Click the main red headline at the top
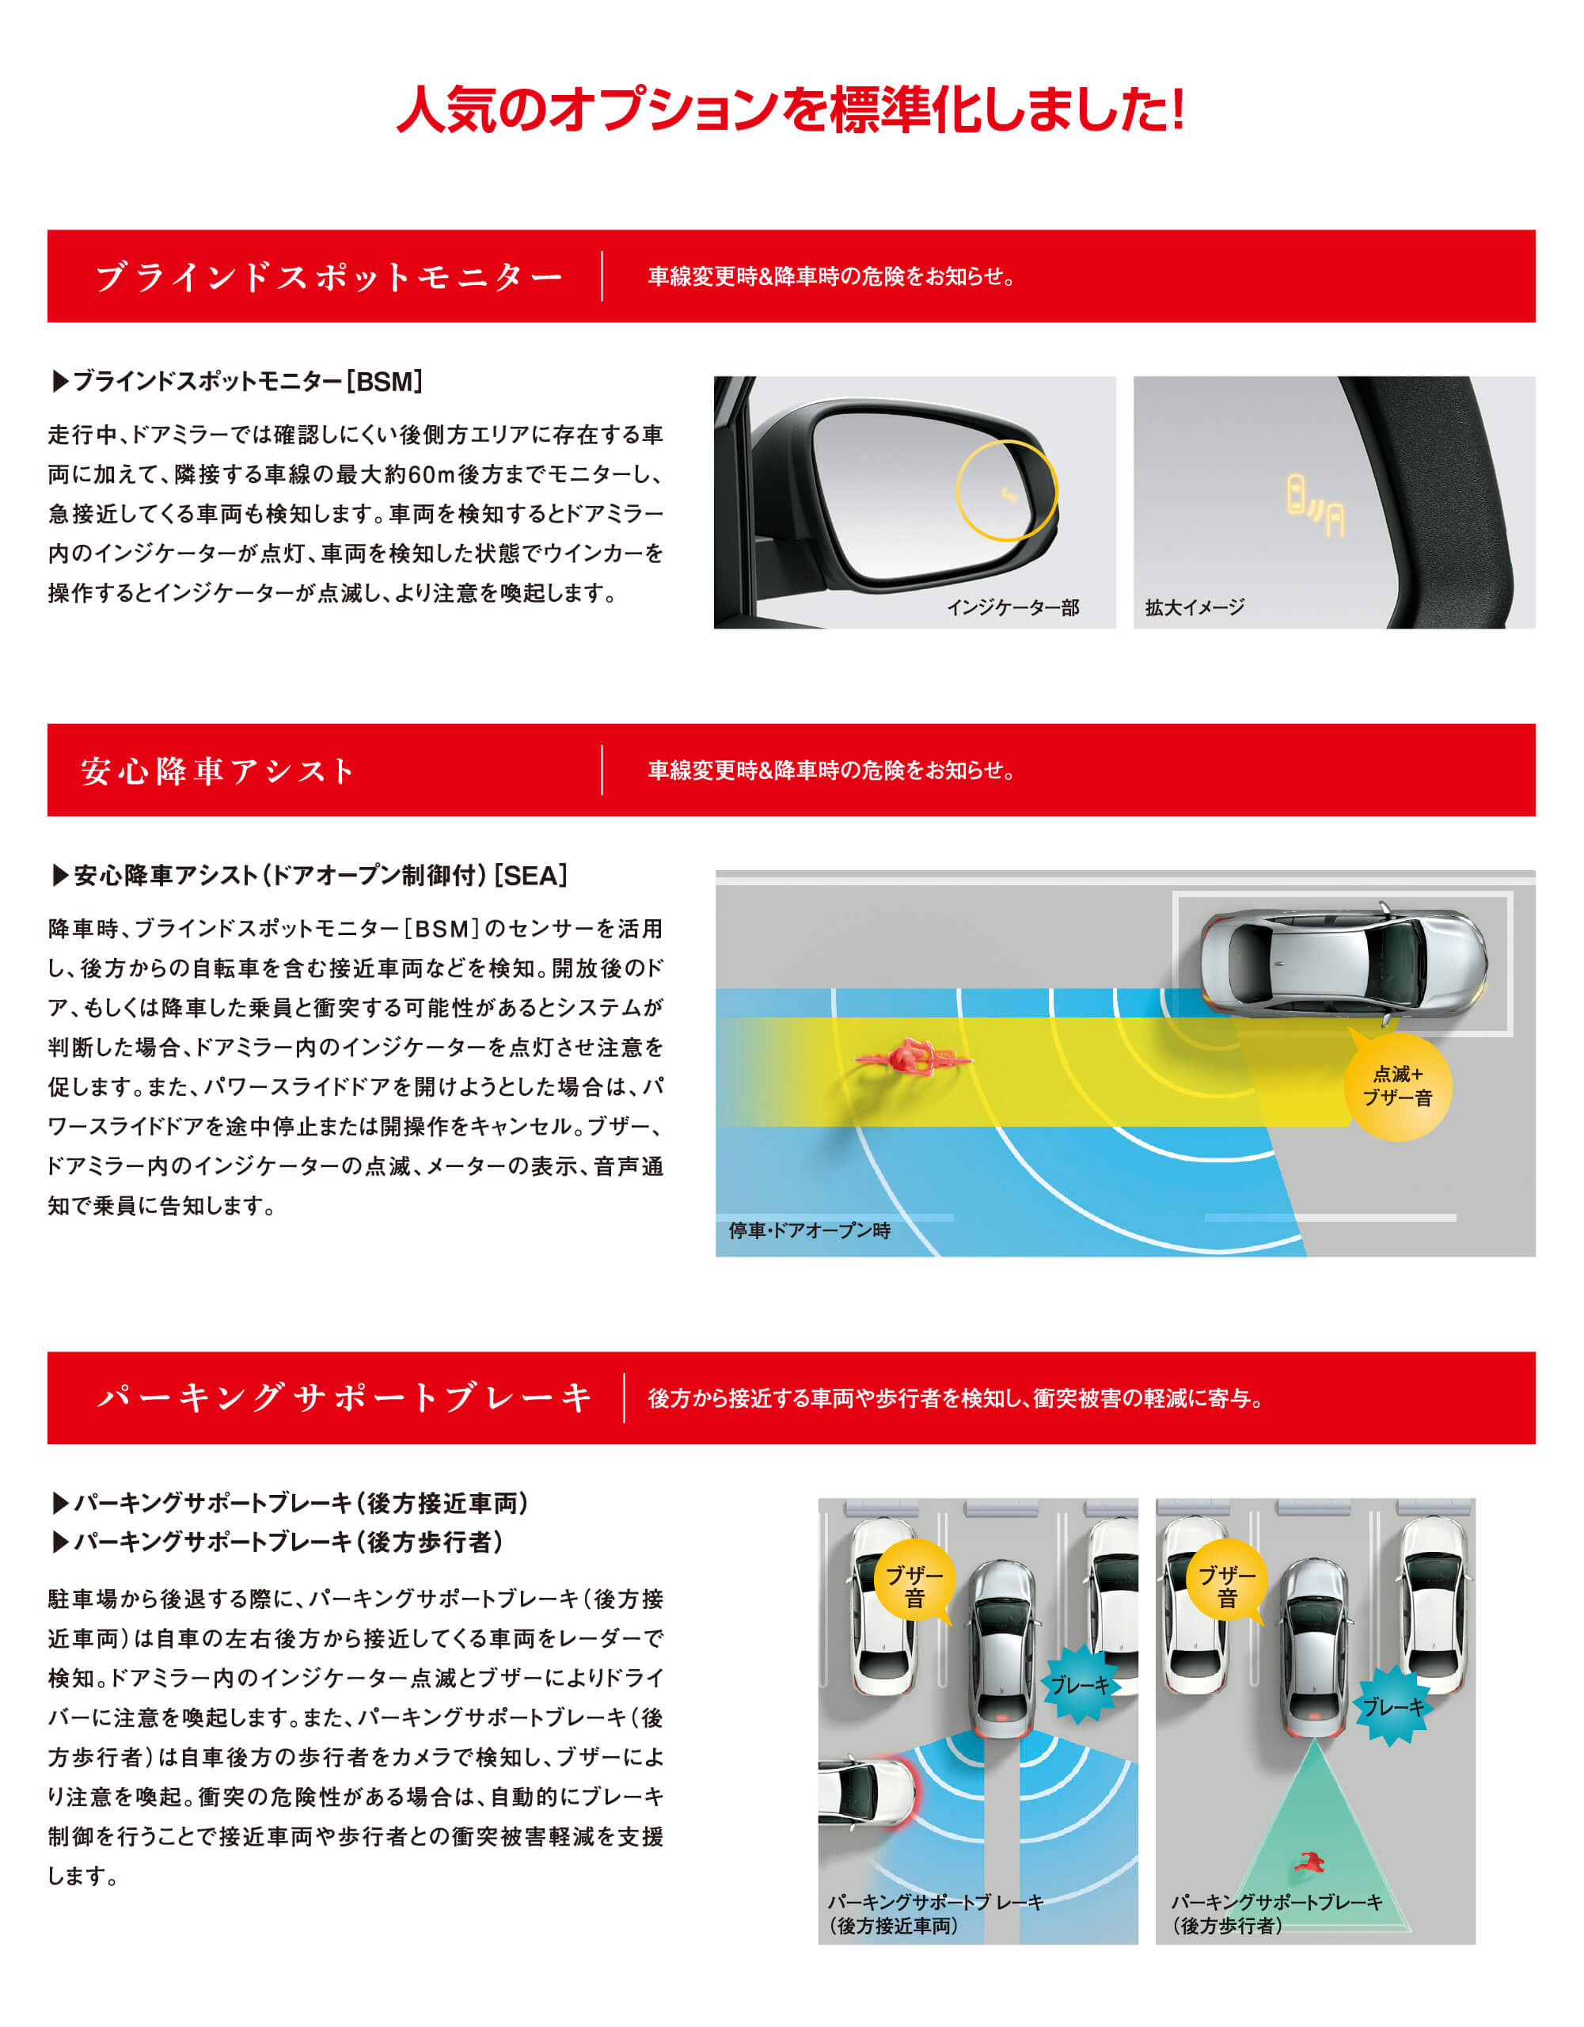pos(791,109)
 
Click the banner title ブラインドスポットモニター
pos(329,276)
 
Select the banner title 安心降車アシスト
pos(218,770)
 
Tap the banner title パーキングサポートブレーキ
pos(344,1398)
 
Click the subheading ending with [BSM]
pos(238,382)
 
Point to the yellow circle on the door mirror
pos(1007,491)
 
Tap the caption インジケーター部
pos(1012,608)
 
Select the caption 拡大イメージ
pos(1195,608)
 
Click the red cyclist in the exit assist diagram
pos(914,1057)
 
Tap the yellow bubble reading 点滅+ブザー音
pos(1397,1087)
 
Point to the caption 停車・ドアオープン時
pos(809,1230)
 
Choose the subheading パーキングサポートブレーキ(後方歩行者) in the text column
pos(279,1542)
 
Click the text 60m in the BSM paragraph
pos(431,475)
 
